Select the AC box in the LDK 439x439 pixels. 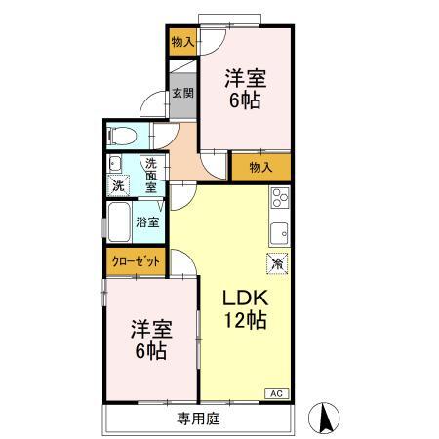(x=277, y=393)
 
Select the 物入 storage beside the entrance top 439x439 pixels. (x=181, y=41)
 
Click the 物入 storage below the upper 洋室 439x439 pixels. (x=260, y=167)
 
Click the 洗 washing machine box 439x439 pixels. (x=118, y=184)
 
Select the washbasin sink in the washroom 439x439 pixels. (x=116, y=164)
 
